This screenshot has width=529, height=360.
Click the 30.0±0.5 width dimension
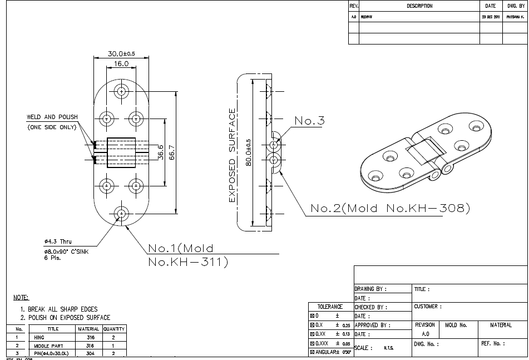(121, 53)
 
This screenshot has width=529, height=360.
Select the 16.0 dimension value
(121, 63)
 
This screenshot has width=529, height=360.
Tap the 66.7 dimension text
(171, 151)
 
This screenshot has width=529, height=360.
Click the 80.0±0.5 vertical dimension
(249, 152)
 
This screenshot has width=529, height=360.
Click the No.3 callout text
(309, 121)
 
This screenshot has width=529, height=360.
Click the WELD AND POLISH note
(52, 117)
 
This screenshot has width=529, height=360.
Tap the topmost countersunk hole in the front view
(121, 91)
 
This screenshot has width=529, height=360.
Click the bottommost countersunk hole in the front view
(121, 213)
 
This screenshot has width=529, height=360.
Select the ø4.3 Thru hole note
(58, 241)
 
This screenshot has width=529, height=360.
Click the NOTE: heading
(21, 298)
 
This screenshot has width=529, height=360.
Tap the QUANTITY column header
(114, 329)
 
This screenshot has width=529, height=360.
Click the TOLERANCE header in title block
(330, 307)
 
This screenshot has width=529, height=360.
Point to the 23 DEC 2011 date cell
(490, 17)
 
